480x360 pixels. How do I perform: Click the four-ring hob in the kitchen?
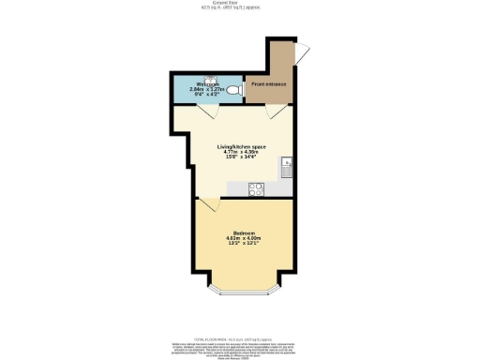click(256, 188)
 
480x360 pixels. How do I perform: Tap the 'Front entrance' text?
click(269, 84)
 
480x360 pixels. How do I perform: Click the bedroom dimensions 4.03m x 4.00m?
click(245, 238)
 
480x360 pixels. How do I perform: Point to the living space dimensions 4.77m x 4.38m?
click(244, 153)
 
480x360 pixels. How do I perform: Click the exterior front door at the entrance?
click(302, 53)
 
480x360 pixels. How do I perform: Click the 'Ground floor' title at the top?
click(240, 3)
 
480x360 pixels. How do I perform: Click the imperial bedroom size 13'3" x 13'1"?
click(245, 244)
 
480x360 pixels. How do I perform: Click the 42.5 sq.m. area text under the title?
click(240, 8)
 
